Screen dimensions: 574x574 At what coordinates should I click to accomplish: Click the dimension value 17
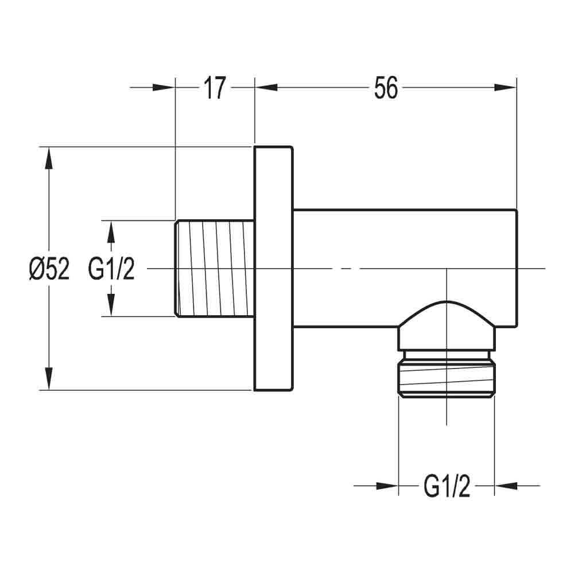click(214, 88)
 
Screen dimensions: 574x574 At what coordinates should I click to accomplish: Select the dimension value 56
click(386, 88)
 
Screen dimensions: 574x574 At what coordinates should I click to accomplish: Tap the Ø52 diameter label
click(49, 269)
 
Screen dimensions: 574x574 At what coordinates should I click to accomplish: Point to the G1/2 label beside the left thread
click(111, 269)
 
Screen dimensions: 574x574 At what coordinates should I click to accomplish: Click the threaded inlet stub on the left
click(214, 268)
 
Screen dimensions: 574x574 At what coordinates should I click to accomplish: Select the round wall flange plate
click(273, 268)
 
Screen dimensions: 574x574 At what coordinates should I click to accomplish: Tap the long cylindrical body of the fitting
click(402, 241)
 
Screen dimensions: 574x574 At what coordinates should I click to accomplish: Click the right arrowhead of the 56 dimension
click(506, 87)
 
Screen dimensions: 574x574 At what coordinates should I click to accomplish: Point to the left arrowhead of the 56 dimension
click(266, 87)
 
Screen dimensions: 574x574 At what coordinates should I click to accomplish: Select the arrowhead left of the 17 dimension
click(164, 87)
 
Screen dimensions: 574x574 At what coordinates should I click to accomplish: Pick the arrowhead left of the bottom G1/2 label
click(387, 486)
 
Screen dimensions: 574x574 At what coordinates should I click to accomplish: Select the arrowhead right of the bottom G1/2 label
click(506, 486)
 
